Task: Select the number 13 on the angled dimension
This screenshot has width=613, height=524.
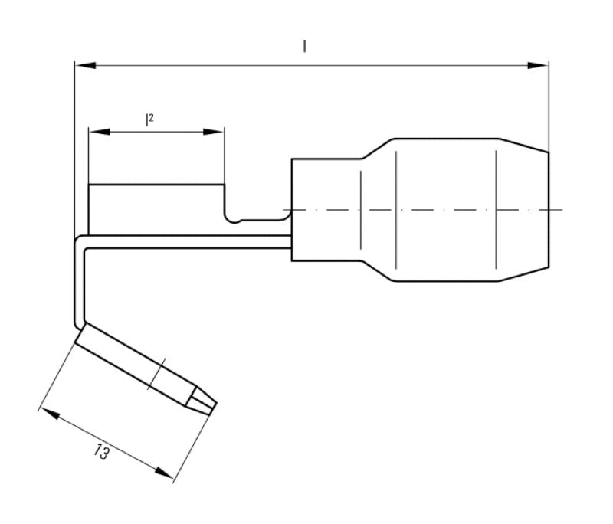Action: coord(100,452)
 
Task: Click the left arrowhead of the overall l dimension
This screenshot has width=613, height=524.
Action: coord(84,66)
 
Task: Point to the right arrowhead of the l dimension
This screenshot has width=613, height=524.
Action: coord(539,66)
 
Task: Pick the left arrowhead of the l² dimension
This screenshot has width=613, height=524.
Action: coord(97,132)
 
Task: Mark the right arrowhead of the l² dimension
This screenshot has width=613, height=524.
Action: coord(215,132)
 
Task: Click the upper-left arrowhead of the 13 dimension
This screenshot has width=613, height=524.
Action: coord(48,414)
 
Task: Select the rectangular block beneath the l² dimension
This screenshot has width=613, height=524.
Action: coord(156,208)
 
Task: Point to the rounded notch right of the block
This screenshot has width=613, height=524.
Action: coord(234,218)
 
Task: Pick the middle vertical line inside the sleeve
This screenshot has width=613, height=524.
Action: coord(396,207)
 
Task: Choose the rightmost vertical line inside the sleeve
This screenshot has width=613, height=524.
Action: coord(497,207)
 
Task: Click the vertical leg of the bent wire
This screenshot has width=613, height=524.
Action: coord(78,283)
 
